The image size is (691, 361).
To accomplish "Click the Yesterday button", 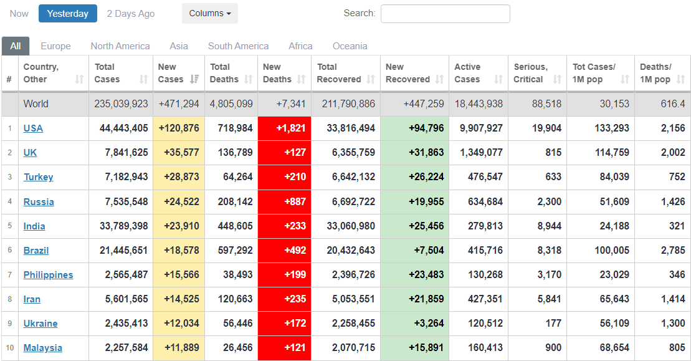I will (x=68, y=14).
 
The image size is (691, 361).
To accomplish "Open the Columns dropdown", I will (x=210, y=14).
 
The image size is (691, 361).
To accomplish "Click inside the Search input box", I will (x=445, y=14).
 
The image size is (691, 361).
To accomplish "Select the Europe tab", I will (x=55, y=46).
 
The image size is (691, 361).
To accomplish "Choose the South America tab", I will (x=238, y=46).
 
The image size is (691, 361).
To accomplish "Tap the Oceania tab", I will (x=350, y=46).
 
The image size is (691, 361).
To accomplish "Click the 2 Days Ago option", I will (x=131, y=14).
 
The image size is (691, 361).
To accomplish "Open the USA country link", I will (x=33, y=128).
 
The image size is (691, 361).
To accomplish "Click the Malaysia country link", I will (x=43, y=348).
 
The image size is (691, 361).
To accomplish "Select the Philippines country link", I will (x=48, y=275).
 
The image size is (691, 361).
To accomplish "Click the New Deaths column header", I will (x=277, y=73).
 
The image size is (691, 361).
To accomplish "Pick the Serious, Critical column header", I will (x=531, y=73).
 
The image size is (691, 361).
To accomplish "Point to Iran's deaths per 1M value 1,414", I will (x=672, y=299).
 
